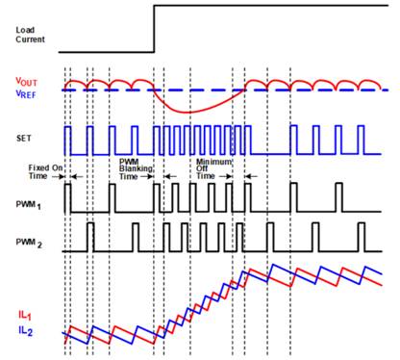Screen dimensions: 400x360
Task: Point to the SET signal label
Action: point(24,138)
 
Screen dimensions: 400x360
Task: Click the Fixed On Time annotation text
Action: point(45,171)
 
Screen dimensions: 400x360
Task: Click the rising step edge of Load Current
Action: point(155,29)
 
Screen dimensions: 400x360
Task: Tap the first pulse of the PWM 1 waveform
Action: point(68,197)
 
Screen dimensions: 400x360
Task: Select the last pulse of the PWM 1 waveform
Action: point(338,197)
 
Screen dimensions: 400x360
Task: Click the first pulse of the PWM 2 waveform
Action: point(90,236)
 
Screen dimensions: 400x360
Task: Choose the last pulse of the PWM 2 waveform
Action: point(362,236)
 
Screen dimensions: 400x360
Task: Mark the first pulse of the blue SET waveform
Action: point(68,140)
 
